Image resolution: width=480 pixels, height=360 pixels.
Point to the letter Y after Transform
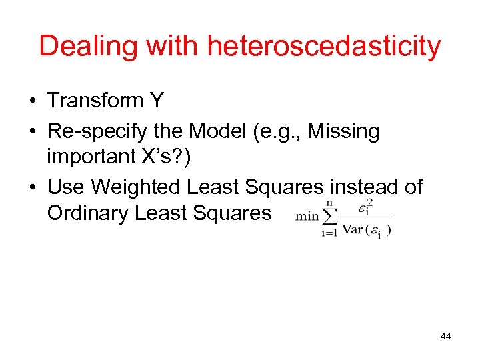pos(157,101)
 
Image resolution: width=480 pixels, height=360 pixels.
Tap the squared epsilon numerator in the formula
pos(363,207)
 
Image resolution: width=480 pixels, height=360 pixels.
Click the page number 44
pos(445,336)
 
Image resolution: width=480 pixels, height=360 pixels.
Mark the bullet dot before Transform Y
pos(32,101)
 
